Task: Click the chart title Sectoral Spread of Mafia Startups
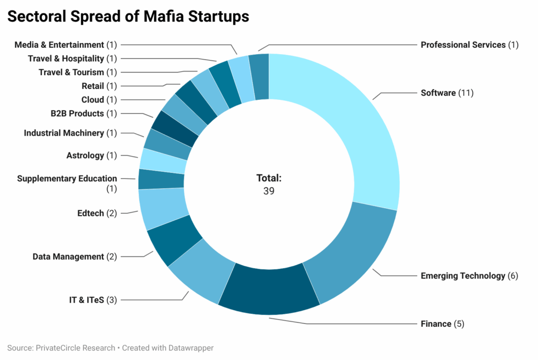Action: tap(128, 17)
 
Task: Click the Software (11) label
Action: tap(447, 93)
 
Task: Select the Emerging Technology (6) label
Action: tap(469, 276)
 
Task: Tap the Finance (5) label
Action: tap(442, 324)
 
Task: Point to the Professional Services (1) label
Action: tap(469, 45)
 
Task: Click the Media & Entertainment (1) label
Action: tap(66, 45)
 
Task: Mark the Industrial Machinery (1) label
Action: tap(70, 133)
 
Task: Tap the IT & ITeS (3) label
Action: tap(93, 300)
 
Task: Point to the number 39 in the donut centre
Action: tap(268, 191)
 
